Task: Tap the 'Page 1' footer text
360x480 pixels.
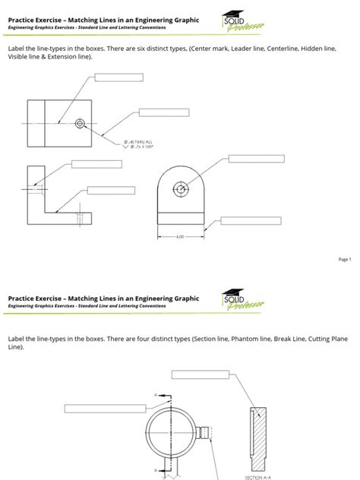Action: [x=344, y=259]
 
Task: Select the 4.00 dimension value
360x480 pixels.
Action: [x=180, y=237]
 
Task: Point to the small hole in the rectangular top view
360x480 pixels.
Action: [x=81, y=122]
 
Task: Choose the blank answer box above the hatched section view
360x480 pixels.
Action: [x=199, y=373]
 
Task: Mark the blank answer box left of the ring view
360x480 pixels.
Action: [x=90, y=409]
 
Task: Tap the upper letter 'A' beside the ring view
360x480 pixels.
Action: [x=155, y=395]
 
